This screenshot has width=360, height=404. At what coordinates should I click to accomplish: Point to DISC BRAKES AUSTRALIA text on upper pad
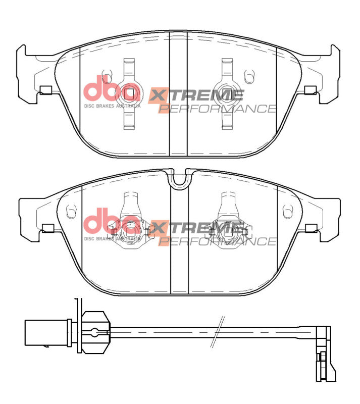[x=112, y=106]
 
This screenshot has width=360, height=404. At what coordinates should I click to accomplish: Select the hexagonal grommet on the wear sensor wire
[x=94, y=332]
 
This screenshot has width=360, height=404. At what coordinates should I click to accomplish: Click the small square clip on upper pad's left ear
[x=45, y=90]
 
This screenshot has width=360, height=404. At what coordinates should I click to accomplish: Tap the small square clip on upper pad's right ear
[x=311, y=90]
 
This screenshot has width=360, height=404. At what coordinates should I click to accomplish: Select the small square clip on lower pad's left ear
[x=48, y=227]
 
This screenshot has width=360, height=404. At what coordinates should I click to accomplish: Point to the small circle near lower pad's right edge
[x=288, y=207]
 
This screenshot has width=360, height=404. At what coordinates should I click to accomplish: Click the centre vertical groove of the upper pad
[x=178, y=93]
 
